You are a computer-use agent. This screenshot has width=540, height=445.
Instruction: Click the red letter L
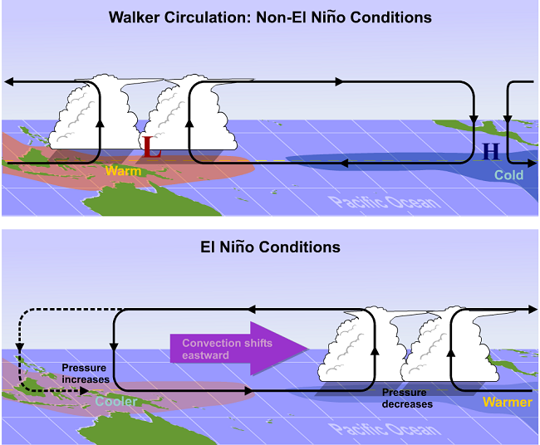point(150,148)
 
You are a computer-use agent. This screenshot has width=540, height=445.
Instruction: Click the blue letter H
point(491,150)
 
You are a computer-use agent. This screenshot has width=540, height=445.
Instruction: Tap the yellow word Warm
point(123,171)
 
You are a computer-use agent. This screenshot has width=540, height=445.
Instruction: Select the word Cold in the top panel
point(508,175)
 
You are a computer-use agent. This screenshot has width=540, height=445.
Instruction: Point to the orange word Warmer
point(507,403)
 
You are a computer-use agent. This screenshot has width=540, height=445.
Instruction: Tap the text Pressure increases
point(86,373)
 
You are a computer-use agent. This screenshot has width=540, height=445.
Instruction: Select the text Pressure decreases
point(407,398)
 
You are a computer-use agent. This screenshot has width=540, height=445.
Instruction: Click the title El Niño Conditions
point(270,247)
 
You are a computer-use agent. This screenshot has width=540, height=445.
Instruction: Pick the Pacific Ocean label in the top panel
point(383,202)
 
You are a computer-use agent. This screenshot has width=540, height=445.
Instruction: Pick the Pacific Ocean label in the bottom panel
point(383,428)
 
